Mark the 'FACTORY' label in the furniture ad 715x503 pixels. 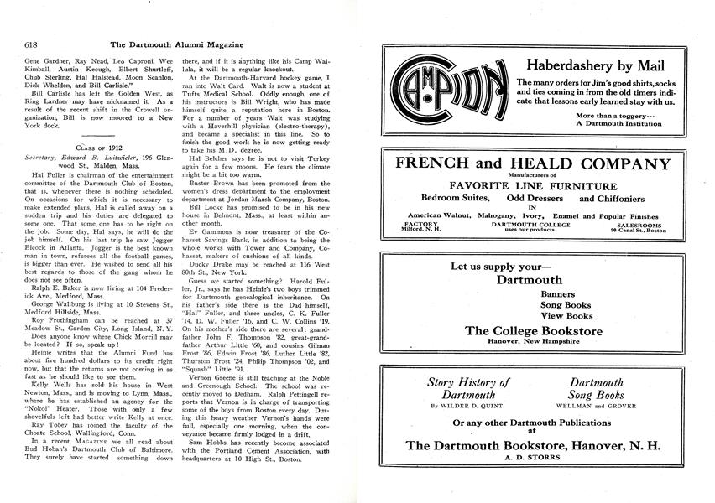pos(420,225)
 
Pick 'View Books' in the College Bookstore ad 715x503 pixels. pos(566,316)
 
